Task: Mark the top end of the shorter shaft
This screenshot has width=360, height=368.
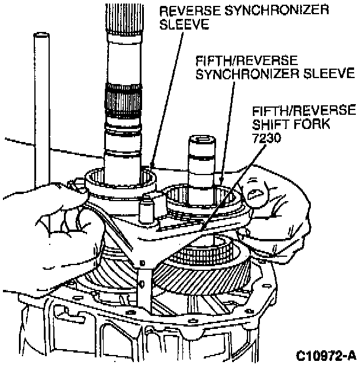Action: coord(203,141)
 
